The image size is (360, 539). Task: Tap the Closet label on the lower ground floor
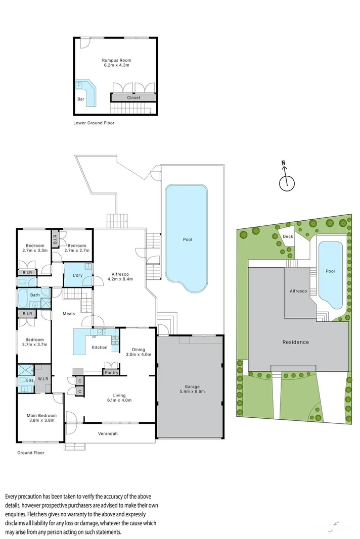133,97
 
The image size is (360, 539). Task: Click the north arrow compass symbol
286,180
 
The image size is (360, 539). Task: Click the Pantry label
111,373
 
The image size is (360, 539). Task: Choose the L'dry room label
77,275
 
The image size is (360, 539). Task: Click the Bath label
34,295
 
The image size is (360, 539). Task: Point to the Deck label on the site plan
288,236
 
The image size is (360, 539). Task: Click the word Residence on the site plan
295,342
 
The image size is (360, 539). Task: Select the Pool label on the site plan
330,271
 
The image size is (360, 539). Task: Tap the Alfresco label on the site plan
298,291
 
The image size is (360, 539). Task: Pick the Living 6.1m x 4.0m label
119,398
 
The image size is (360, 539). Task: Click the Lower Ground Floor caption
94,123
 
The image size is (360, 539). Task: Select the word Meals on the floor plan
69,314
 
